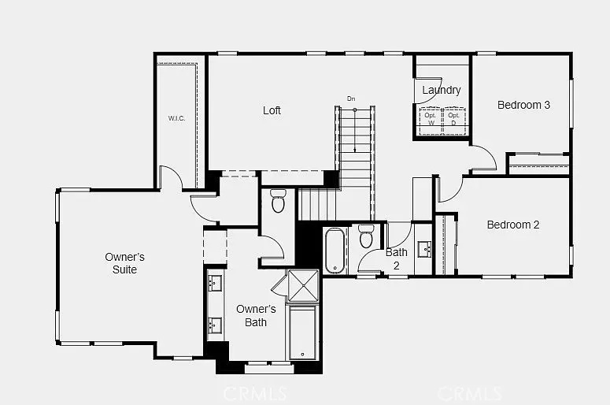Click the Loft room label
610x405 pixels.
(x=272, y=110)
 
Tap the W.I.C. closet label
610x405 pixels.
(x=176, y=118)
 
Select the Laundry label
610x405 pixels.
(x=441, y=90)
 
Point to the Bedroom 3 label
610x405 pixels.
(x=523, y=105)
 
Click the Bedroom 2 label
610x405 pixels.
(x=513, y=225)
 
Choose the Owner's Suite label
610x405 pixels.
(x=125, y=263)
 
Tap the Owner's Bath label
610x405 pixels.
(x=256, y=315)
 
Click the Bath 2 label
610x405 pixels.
(x=397, y=259)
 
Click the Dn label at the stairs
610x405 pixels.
(x=351, y=99)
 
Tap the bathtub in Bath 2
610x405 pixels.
(x=334, y=251)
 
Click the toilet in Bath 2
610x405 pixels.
(x=366, y=236)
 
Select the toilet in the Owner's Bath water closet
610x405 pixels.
(x=277, y=202)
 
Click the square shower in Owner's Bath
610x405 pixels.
(x=303, y=285)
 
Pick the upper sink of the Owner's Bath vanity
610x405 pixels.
(x=215, y=284)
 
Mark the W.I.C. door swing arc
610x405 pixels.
(x=170, y=178)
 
